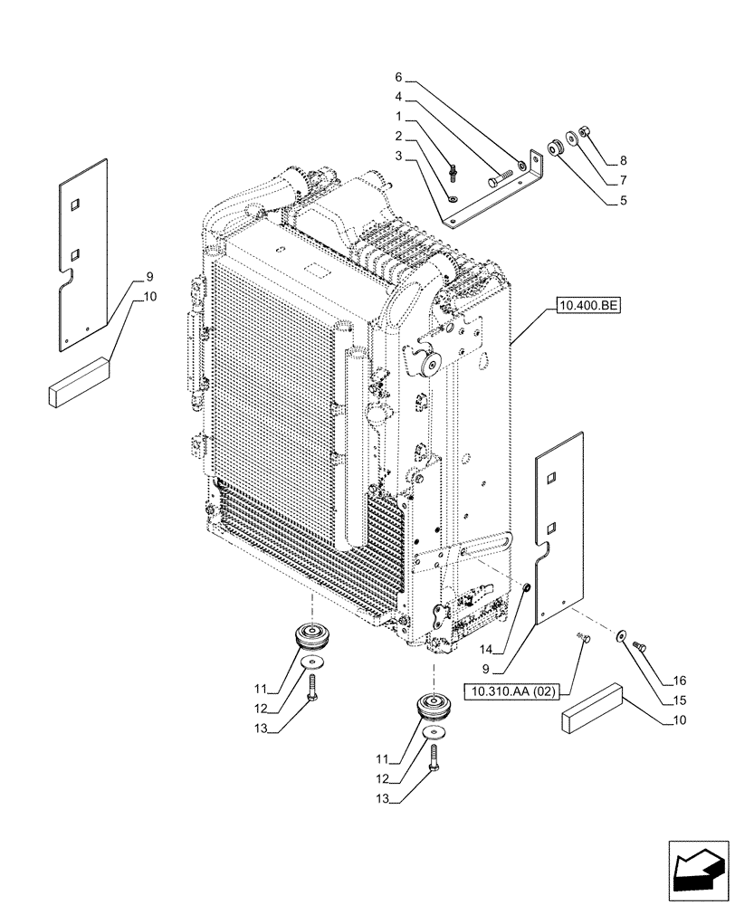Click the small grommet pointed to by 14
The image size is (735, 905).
point(525,590)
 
